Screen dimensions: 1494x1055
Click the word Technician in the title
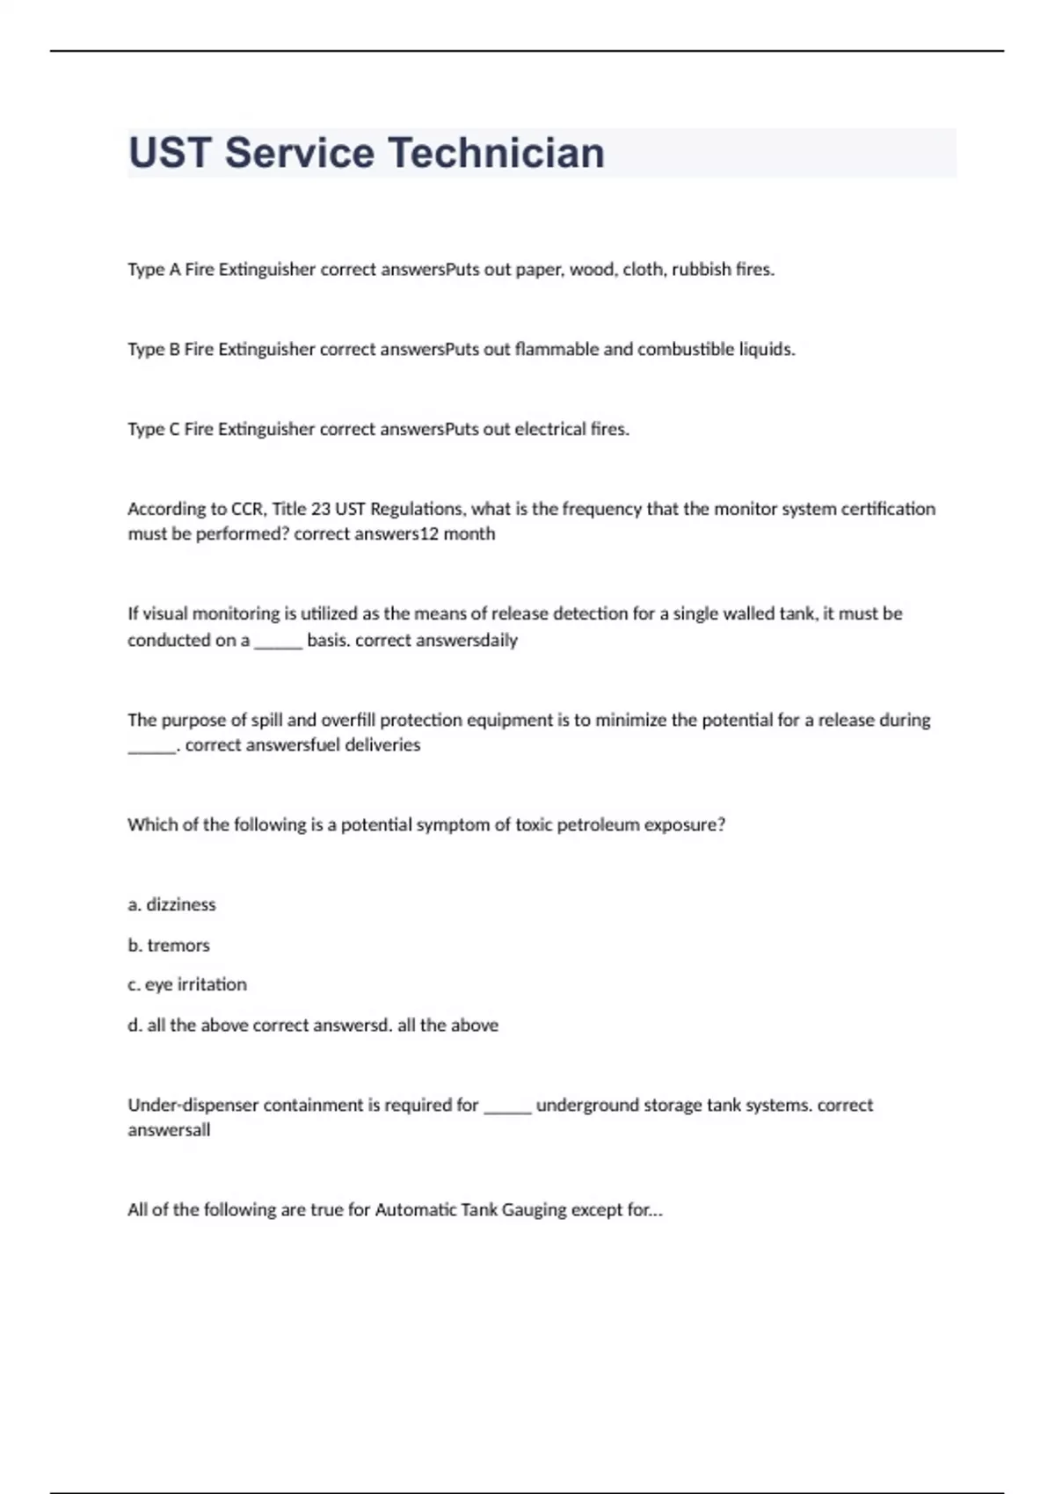click(x=496, y=153)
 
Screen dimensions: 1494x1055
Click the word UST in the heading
click(x=170, y=153)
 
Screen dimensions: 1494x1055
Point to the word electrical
click(x=549, y=430)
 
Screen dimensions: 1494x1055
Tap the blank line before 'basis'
click(x=278, y=641)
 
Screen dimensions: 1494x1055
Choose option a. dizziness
click(x=171, y=905)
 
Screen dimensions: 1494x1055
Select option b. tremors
click(x=169, y=946)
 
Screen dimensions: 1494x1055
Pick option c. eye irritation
click(x=187, y=985)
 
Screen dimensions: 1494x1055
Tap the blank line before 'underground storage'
click(x=507, y=1106)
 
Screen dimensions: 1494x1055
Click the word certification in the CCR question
click(x=884, y=509)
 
